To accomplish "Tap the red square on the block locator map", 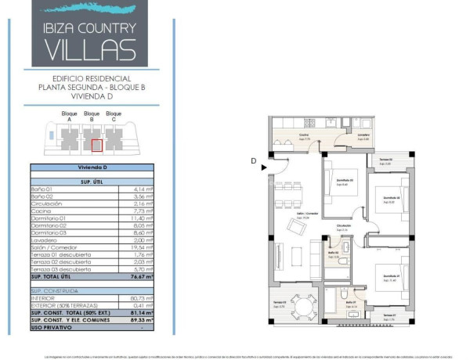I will pos(96,144).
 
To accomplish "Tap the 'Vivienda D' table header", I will pos(92,167).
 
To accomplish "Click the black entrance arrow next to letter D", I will pos(265,166).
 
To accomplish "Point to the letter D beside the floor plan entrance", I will pos(254,161).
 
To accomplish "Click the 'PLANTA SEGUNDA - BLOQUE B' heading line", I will pos(92,88).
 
